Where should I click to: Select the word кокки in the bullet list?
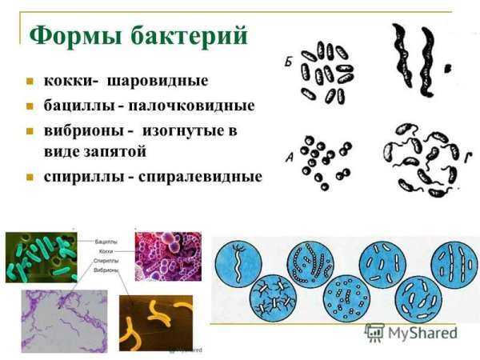(66, 81)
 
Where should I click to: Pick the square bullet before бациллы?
(30, 106)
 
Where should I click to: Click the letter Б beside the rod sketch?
(288, 60)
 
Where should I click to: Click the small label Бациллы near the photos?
(106, 240)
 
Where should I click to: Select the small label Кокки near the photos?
(102, 250)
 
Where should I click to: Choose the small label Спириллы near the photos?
(107, 261)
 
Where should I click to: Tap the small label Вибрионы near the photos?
(107, 271)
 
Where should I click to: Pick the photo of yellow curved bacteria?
(155, 320)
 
